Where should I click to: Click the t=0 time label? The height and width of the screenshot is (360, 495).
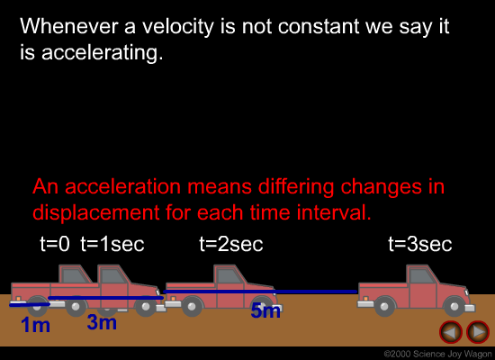55,244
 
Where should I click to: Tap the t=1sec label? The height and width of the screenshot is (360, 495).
112,244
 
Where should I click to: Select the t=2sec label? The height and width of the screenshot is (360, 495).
231,244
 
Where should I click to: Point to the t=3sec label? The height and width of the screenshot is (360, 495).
420,244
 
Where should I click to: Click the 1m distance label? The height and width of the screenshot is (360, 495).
35,325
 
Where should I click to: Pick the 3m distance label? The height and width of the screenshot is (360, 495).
102,322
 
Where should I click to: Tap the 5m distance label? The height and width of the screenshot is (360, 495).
265,310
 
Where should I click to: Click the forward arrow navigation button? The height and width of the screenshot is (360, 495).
478,332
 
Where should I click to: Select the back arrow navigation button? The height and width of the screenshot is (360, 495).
451,332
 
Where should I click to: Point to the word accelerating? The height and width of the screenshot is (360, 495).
103,52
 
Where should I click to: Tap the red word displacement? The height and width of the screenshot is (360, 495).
96,212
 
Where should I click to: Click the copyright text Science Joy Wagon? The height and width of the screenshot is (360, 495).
453,355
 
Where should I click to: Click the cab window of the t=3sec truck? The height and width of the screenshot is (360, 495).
421,276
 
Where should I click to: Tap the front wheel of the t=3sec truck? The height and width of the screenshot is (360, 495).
454,306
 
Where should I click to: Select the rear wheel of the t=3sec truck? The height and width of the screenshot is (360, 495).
384,306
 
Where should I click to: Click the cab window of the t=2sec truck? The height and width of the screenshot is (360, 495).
229,276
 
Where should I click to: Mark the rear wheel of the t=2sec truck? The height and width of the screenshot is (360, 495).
192,306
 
